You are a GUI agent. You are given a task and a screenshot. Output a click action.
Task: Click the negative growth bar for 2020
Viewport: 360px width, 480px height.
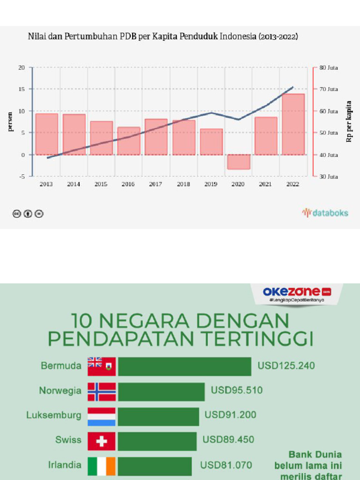(x=238, y=162)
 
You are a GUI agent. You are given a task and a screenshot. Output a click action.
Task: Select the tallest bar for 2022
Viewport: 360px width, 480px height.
(x=293, y=124)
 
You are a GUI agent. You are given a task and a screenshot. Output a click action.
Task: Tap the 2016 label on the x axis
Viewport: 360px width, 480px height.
(x=128, y=184)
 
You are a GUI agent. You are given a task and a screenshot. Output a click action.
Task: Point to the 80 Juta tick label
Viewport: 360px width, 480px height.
(x=329, y=67)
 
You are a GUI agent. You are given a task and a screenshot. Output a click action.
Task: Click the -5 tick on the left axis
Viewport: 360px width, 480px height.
(x=22, y=176)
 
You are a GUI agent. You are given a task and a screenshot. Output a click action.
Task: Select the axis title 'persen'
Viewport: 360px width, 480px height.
(x=10, y=121)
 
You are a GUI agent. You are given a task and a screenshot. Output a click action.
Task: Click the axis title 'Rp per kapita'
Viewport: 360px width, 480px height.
(x=349, y=121)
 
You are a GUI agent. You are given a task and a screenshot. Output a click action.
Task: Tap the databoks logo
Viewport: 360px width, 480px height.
(x=325, y=213)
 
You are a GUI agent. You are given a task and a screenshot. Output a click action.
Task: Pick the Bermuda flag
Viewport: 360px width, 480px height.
(x=102, y=366)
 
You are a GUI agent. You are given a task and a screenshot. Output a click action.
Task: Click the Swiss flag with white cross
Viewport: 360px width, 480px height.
(x=102, y=441)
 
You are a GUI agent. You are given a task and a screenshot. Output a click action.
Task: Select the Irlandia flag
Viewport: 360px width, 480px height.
(x=102, y=465)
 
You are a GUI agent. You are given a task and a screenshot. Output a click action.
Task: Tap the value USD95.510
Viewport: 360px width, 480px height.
(x=237, y=390)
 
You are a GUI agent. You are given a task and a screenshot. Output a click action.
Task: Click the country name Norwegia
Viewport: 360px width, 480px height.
(x=60, y=390)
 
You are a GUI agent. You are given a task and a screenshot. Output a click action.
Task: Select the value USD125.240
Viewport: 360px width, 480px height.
(x=286, y=366)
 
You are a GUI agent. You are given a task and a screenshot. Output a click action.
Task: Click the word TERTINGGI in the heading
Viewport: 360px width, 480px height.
(x=252, y=338)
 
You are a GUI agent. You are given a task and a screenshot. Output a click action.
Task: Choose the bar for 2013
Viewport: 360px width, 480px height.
(x=46, y=134)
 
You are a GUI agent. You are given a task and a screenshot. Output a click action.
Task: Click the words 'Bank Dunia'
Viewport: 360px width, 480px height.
(x=315, y=454)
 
